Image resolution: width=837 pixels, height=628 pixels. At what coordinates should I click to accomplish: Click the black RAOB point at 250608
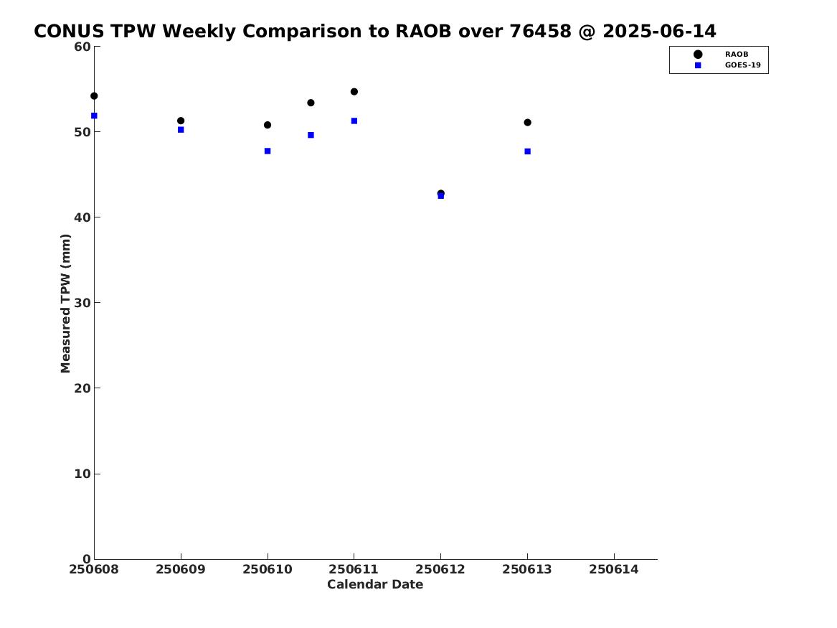click(94, 96)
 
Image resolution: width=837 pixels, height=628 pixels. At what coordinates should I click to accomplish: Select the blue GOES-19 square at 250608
click(94, 116)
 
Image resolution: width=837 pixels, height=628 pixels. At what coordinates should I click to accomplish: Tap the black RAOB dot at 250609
click(181, 121)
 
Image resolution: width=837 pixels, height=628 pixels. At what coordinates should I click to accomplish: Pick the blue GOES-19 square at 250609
click(181, 130)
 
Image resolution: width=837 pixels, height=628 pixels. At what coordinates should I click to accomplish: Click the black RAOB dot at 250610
click(268, 125)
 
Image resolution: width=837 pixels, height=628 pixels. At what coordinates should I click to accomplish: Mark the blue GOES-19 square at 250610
click(268, 151)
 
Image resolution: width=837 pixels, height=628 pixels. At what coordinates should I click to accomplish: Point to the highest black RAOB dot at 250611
click(354, 92)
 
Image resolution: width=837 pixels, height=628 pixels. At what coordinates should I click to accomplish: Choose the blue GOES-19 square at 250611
click(354, 121)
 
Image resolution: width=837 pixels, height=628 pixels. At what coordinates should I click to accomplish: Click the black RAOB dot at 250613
click(527, 122)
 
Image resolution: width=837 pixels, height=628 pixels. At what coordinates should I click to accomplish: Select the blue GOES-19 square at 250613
click(527, 151)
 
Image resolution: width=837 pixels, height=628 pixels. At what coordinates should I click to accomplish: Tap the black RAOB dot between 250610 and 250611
click(311, 103)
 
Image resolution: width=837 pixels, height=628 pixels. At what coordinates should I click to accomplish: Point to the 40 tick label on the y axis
click(82, 217)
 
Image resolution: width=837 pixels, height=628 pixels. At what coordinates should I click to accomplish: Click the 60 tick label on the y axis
click(82, 47)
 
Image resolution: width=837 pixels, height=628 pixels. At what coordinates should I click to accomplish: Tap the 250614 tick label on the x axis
click(614, 570)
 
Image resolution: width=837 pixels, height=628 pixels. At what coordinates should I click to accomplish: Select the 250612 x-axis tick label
click(440, 570)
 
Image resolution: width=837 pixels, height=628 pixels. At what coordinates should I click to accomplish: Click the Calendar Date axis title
click(375, 585)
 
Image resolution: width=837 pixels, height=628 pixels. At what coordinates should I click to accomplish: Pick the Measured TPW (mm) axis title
click(65, 304)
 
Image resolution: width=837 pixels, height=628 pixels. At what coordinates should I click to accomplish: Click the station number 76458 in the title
click(540, 32)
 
